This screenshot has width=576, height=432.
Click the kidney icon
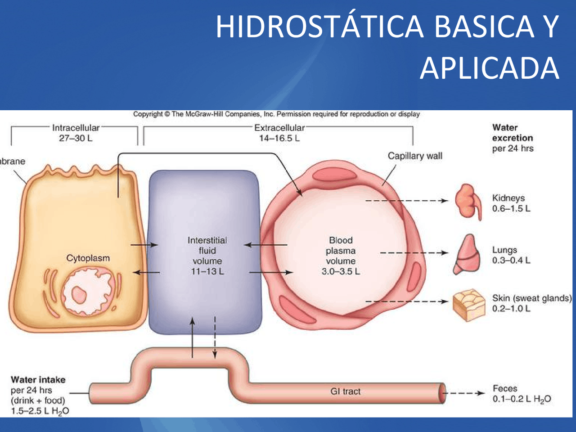468,201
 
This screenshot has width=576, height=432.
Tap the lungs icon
466,254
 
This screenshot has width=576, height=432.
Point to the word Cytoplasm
88,258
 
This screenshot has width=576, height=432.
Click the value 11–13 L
207,271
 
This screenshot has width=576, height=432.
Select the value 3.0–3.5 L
341,271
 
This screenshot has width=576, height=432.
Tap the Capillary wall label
415,156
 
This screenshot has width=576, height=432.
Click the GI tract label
345,391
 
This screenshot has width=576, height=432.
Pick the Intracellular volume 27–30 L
76,138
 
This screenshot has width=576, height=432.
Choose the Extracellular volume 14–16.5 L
279,138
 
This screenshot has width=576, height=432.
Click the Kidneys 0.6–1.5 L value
511,208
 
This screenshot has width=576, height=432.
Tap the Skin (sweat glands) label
531,298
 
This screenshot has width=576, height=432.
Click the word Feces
505,388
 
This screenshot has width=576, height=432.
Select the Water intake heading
38,380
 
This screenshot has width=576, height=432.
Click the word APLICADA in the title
490,68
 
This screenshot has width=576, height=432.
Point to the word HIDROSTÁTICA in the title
319,27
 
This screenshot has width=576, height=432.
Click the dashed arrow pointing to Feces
463,393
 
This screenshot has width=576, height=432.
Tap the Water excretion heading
512,133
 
